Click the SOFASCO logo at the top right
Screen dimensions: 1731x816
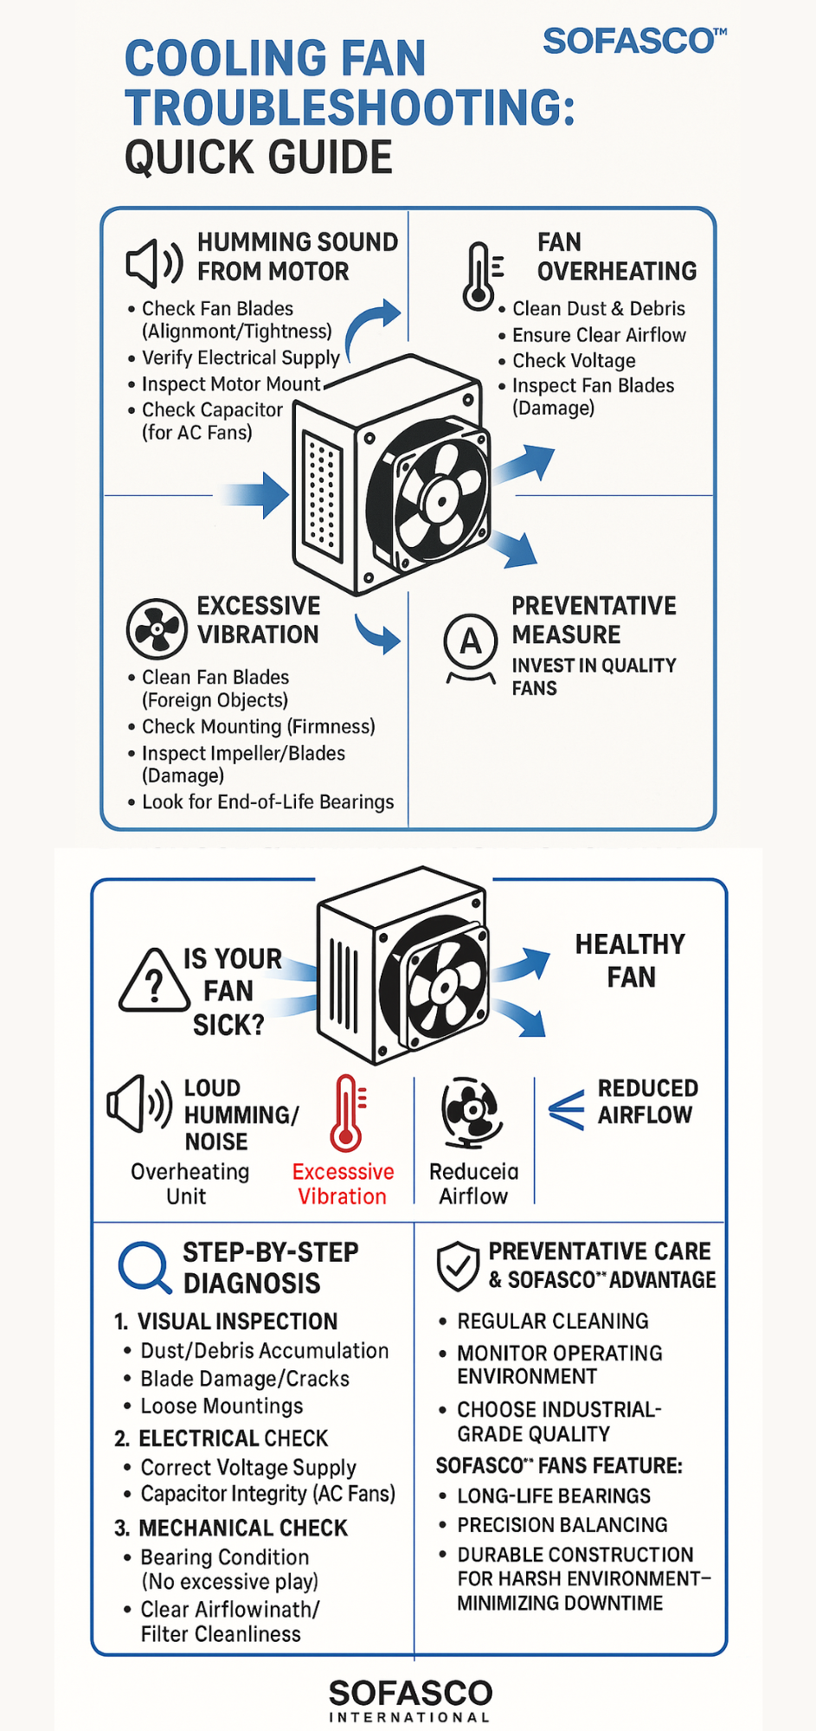[x=634, y=41]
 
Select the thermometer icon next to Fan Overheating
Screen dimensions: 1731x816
[x=481, y=275]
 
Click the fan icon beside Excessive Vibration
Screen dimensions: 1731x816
[x=156, y=628]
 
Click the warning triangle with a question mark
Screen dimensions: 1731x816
[x=154, y=981]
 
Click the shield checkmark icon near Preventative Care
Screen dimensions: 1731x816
[x=458, y=1265]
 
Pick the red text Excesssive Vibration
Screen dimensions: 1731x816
[x=343, y=1184]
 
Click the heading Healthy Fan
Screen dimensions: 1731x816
[x=630, y=960]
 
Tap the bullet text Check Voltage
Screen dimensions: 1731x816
[x=574, y=361]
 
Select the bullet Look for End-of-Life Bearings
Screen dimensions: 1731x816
[x=267, y=802]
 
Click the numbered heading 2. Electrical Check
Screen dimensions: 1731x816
[x=222, y=1438]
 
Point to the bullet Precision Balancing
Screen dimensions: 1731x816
[x=562, y=1525]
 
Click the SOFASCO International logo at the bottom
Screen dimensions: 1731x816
[x=410, y=1700]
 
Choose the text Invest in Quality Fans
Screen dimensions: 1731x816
[x=594, y=677]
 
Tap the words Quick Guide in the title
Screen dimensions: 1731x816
[x=259, y=158]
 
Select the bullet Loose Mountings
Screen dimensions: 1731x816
[x=222, y=1406]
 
